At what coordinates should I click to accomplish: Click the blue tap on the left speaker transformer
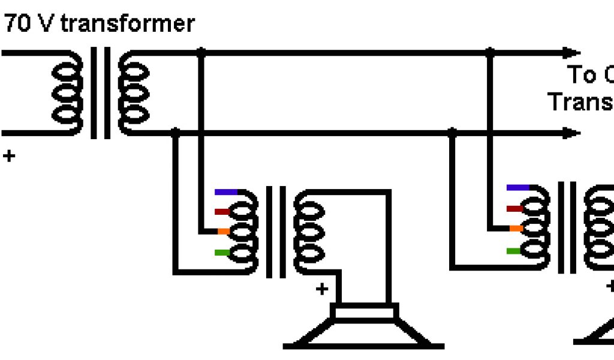(x=226, y=192)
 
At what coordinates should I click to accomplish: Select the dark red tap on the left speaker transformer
(x=222, y=211)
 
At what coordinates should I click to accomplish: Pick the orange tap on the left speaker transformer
(x=223, y=231)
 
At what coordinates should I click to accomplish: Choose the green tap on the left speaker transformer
(x=222, y=253)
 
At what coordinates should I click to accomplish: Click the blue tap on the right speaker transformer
(x=517, y=188)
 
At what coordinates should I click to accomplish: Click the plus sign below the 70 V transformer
(x=8, y=157)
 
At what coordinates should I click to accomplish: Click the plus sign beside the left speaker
(x=323, y=289)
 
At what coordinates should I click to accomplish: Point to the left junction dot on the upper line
(x=201, y=53)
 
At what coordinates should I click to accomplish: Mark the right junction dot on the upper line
(x=490, y=53)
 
